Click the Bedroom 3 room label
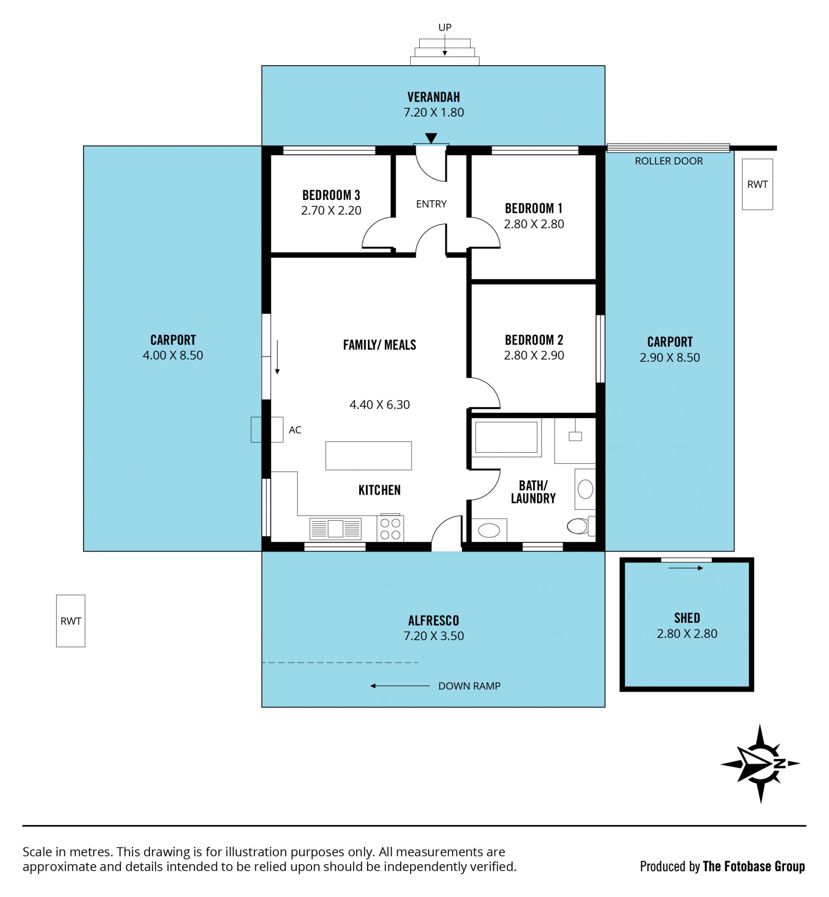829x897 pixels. point(331,195)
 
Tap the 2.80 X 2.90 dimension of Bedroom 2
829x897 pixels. point(534,355)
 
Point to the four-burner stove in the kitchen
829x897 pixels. point(390,528)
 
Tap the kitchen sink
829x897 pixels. point(335,529)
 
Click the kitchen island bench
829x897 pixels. point(368,456)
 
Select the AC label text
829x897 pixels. point(295,430)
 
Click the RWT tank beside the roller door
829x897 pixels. point(757,184)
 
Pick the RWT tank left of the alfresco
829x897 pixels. point(70,621)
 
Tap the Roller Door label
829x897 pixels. point(668,161)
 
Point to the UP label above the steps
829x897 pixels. point(445,27)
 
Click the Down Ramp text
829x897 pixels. point(469,686)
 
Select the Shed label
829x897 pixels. point(687,618)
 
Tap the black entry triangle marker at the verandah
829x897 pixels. point(431,138)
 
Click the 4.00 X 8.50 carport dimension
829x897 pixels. point(173,355)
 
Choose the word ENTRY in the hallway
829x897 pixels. point(431,204)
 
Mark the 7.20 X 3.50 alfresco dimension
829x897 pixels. point(433,636)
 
